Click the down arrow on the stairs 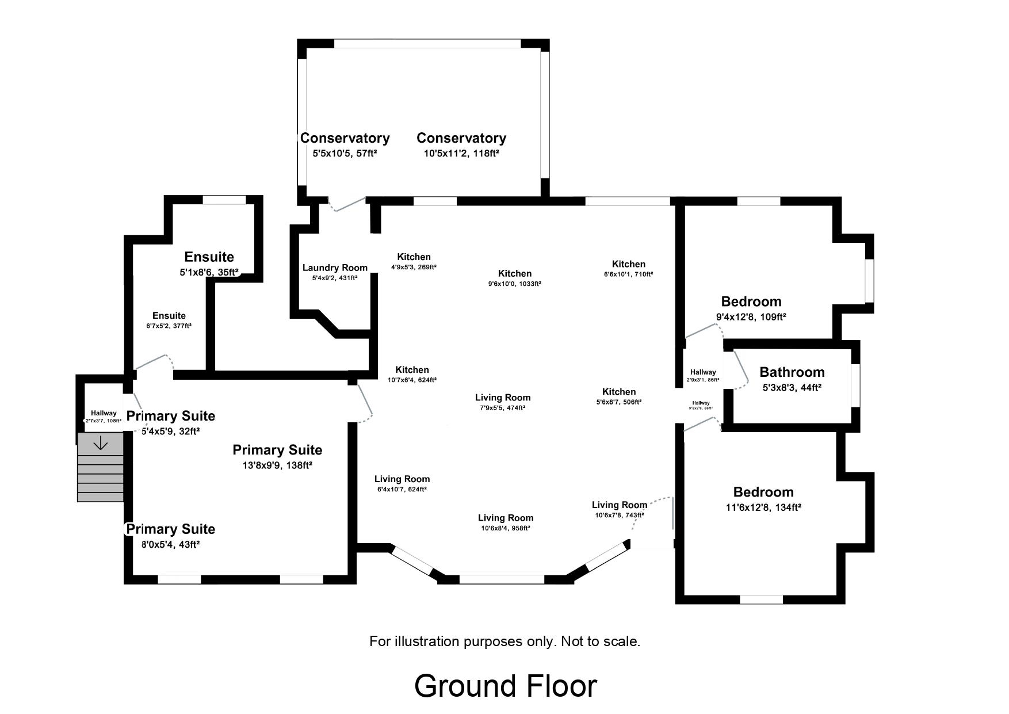[x=101, y=443]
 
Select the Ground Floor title [x=505, y=686]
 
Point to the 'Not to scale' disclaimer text [x=504, y=641]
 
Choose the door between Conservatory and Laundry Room [x=347, y=204]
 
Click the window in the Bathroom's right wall [x=855, y=385]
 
